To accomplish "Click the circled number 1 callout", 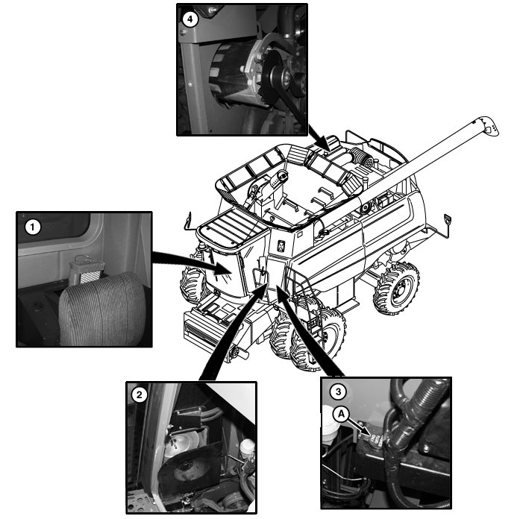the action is tap(32, 227).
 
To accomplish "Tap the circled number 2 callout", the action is tap(139, 395).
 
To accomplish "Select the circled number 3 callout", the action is tap(338, 391).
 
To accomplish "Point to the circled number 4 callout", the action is tap(190, 19).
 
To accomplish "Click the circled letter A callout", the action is tap(341, 415).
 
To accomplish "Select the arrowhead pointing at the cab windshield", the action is tap(221, 268).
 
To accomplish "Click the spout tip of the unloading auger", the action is tap(492, 128).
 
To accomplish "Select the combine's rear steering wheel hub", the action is tap(400, 291).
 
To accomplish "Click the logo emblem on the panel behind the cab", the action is tap(281, 245).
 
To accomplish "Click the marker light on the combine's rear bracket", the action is tap(448, 219).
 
